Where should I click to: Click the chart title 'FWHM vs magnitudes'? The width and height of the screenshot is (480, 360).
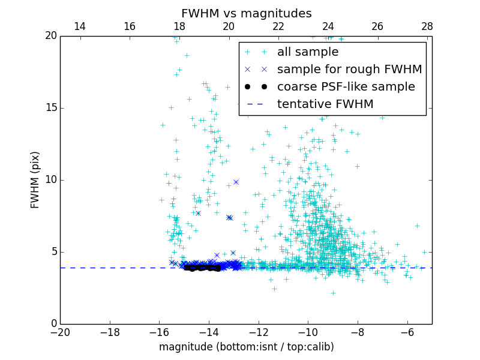[246, 13]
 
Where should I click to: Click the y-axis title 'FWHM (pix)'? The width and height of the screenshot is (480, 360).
[35, 179]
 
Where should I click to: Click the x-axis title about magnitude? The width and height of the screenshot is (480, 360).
[246, 347]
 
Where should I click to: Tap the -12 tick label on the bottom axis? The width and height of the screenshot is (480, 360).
[258, 332]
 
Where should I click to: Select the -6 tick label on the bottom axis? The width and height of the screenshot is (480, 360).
[407, 332]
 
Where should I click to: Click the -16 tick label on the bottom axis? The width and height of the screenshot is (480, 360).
[159, 332]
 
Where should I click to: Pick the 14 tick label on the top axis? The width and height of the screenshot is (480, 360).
[80, 26]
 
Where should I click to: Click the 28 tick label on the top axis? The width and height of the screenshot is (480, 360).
[427, 26]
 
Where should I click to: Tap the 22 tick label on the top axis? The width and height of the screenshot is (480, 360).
[278, 26]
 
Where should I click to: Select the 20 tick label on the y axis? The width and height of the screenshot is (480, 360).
[50, 36]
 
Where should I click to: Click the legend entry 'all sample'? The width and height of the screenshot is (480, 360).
[308, 52]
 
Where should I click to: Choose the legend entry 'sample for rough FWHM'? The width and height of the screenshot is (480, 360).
[349, 70]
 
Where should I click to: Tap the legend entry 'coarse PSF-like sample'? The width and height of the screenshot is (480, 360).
[346, 87]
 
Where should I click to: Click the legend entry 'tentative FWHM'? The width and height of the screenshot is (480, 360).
[325, 104]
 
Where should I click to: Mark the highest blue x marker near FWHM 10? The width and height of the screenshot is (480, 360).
[236, 182]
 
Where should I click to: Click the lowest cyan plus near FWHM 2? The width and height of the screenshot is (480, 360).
[333, 293]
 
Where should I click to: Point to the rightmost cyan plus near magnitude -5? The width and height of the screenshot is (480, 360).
[424, 252]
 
